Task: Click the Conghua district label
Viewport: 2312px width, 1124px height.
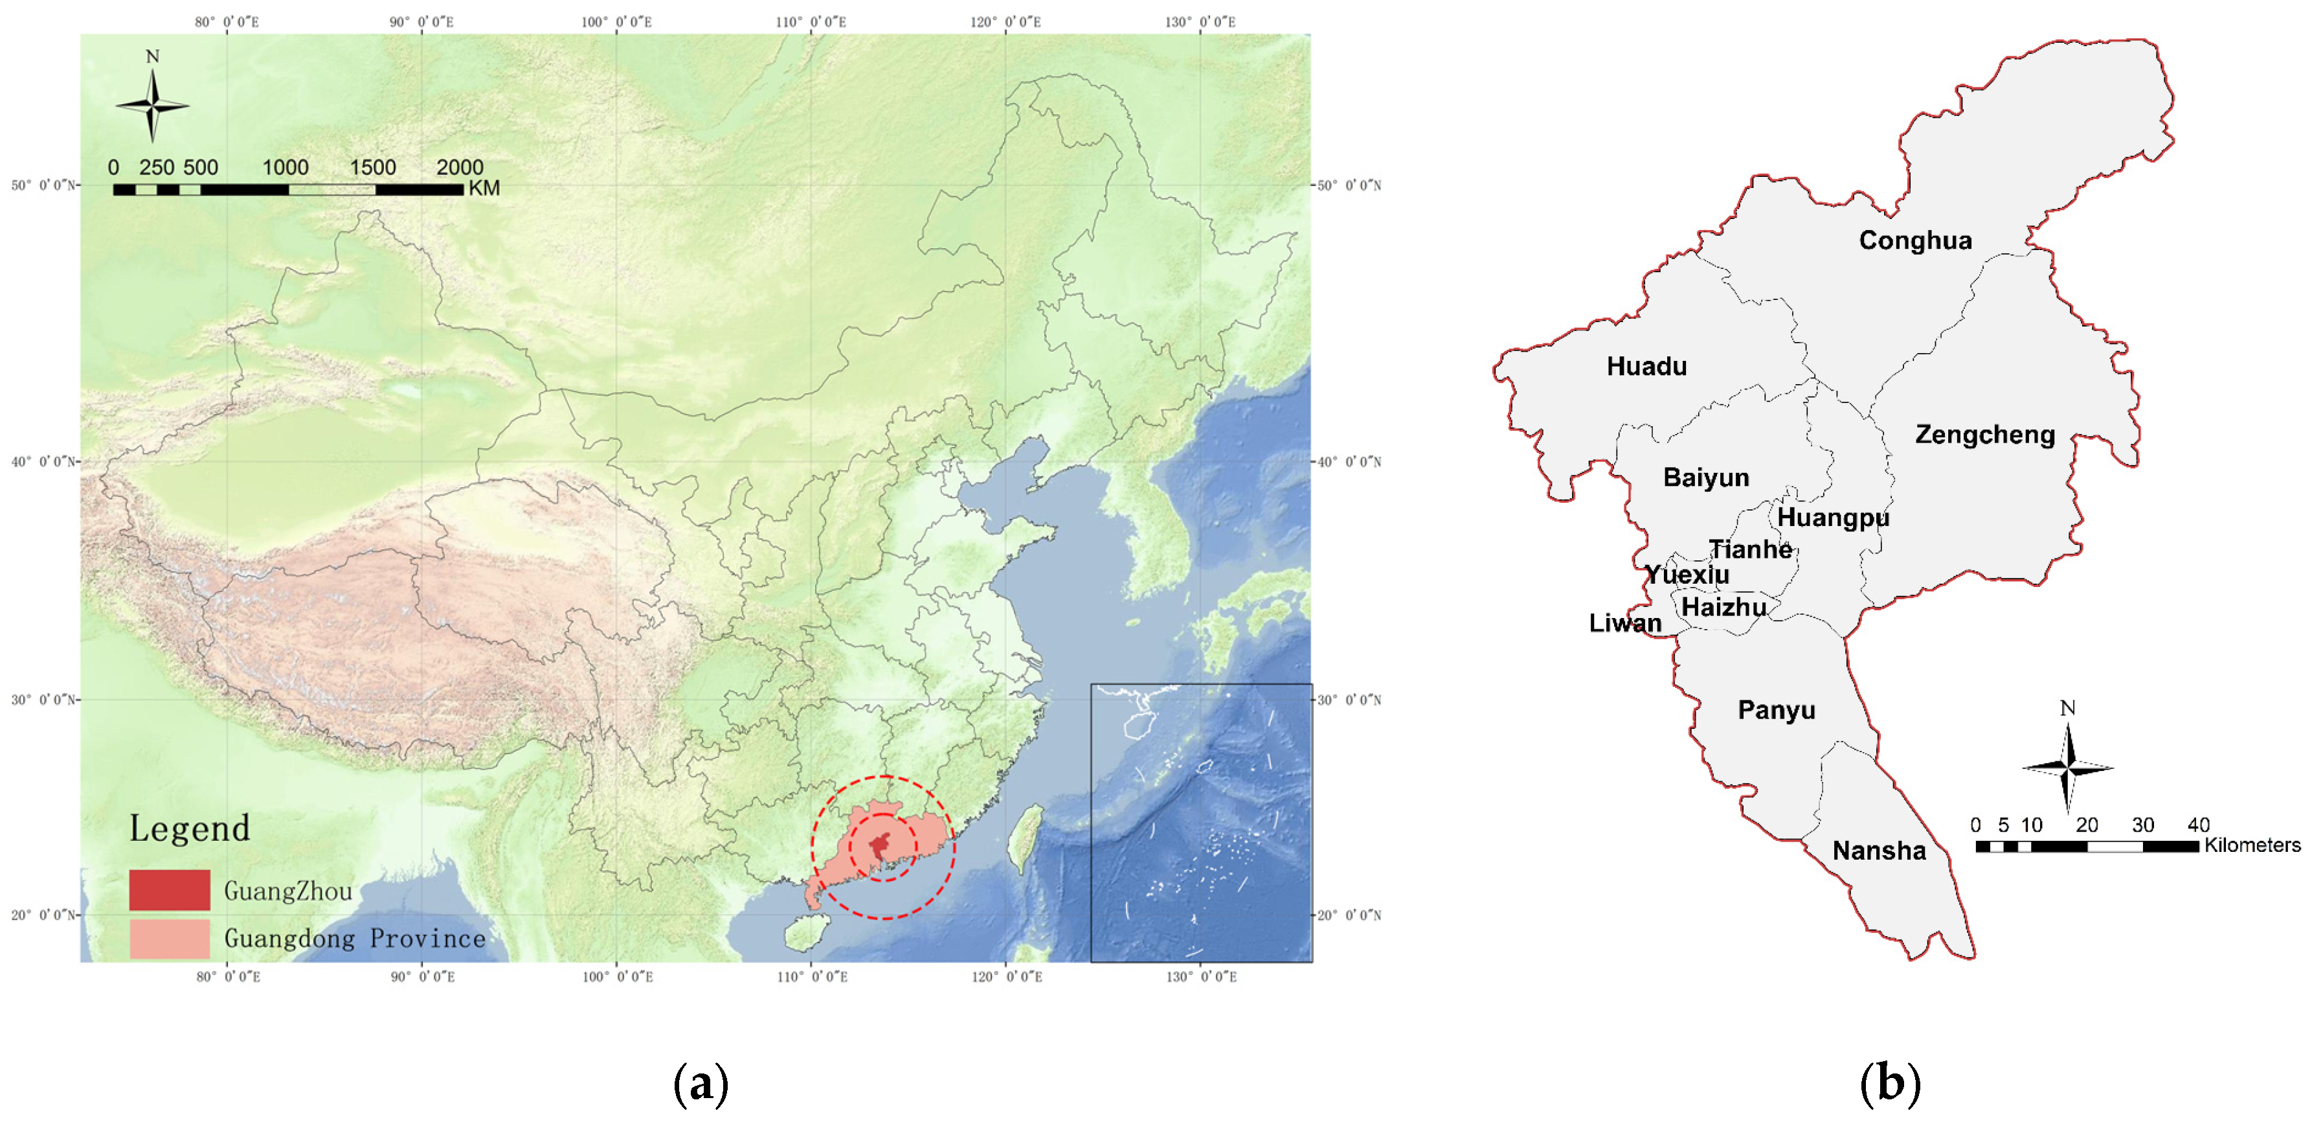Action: (1914, 240)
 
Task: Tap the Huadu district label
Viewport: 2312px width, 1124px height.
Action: (1646, 366)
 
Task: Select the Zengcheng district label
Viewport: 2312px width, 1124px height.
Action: (1984, 435)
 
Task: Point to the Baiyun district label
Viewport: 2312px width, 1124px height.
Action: (1705, 477)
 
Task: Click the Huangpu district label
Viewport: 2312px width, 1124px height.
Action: (1833, 518)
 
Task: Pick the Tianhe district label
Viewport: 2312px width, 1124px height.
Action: (1750, 549)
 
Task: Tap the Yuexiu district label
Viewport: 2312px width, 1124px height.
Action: (1687, 575)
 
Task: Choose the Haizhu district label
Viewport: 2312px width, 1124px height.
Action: (1723, 608)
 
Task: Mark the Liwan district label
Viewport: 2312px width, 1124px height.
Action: (1624, 623)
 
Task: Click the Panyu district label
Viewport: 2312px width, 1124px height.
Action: (1776, 710)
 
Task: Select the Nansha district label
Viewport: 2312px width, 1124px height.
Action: (1878, 850)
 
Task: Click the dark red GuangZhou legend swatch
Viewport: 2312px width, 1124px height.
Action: (170, 889)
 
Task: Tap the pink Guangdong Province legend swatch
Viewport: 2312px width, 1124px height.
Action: (170, 938)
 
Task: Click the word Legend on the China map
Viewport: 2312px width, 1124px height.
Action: (190, 828)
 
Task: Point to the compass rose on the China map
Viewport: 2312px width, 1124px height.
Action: (153, 104)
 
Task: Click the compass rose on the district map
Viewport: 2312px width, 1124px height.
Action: (2067, 768)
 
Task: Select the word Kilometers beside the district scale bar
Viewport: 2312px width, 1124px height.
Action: (2252, 845)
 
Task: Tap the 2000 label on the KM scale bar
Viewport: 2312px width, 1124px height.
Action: (460, 168)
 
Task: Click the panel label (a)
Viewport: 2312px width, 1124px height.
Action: (700, 1084)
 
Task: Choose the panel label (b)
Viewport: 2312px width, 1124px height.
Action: (1890, 1084)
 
